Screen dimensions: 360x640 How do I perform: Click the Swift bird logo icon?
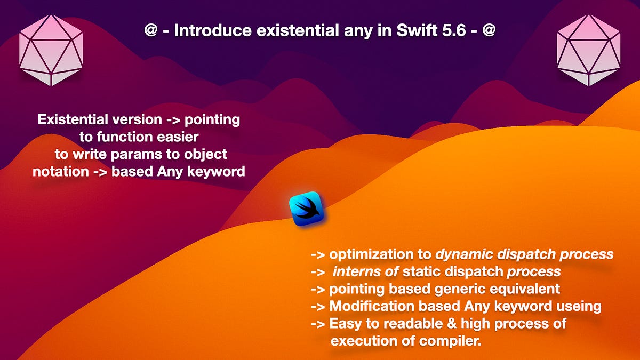coord(307,209)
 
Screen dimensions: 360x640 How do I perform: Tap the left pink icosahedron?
coord(51,50)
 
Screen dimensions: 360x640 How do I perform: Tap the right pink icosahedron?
coord(588,50)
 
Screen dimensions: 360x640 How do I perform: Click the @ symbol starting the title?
coord(150,30)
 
